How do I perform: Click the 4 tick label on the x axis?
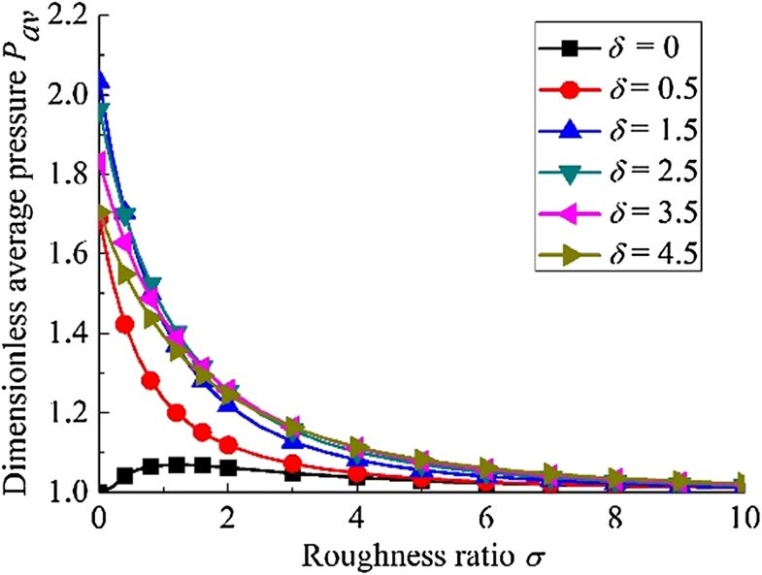point(357,516)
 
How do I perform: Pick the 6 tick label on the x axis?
point(485,516)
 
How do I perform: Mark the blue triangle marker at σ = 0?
point(100,80)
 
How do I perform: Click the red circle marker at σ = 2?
point(228,445)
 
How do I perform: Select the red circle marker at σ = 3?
point(293,463)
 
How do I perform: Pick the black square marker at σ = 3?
point(293,474)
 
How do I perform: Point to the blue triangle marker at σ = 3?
point(293,442)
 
